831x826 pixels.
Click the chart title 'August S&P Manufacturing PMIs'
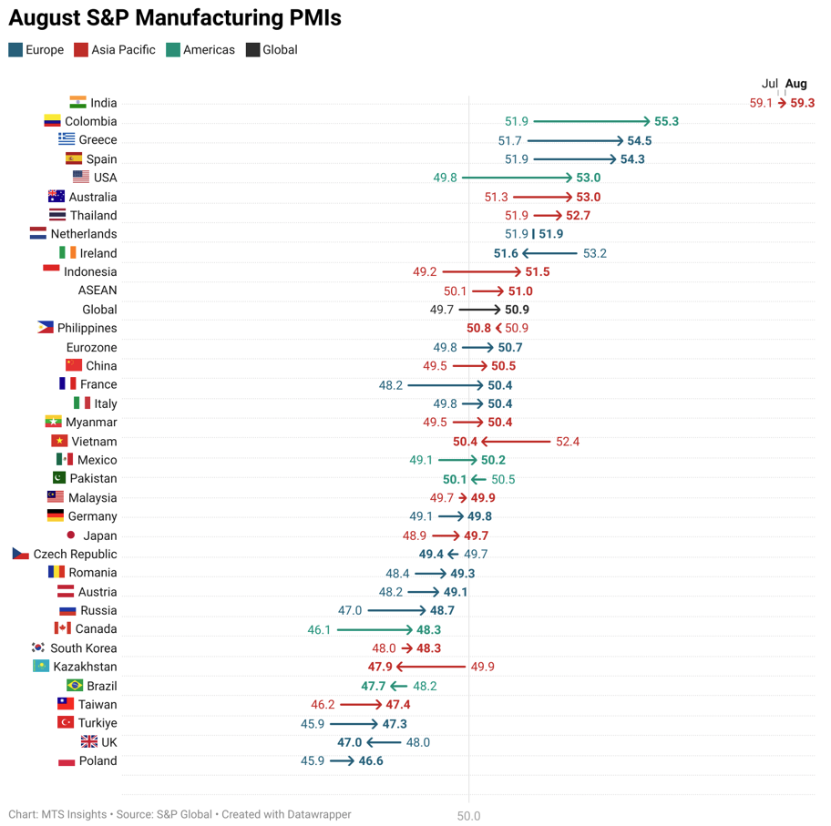(175, 17)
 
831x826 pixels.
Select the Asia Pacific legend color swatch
(81, 50)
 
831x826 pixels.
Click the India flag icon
(77, 103)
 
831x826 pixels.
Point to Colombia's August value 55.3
(666, 122)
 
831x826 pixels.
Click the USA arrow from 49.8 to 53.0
(517, 178)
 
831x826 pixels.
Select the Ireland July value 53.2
(594, 254)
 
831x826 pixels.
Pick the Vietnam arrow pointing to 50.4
(516, 442)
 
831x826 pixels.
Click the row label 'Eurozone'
(91, 348)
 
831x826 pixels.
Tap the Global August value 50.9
(517, 311)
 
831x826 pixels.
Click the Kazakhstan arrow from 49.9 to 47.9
(431, 668)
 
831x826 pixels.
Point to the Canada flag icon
(62, 628)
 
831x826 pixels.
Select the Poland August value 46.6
(371, 761)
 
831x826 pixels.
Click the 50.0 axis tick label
(468, 816)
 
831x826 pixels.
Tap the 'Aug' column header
(795, 84)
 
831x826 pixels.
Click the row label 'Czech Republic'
(75, 555)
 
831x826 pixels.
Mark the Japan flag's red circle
(71, 535)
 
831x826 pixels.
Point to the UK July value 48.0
(417, 743)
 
